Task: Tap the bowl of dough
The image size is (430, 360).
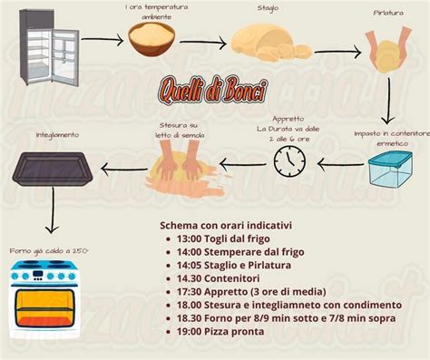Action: point(151,37)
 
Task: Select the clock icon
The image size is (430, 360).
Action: point(290,161)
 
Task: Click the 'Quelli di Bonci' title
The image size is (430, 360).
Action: point(212,89)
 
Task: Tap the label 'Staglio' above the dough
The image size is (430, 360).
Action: point(267,8)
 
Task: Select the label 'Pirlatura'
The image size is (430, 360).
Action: point(387,13)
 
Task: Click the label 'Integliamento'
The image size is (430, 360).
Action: point(57,134)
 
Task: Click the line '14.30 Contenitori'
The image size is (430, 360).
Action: point(221,278)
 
